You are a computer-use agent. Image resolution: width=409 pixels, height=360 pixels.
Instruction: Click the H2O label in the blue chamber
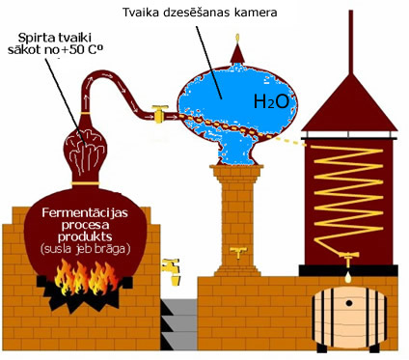271,102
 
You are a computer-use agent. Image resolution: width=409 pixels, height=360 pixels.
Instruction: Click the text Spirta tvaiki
55,38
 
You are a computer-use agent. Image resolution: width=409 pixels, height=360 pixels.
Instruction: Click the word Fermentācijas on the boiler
85,213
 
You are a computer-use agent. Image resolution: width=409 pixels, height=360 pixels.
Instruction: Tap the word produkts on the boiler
85,237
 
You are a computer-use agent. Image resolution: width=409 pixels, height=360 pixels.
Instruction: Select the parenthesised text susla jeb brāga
86,249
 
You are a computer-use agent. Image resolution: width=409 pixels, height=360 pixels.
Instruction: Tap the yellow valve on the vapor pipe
159,114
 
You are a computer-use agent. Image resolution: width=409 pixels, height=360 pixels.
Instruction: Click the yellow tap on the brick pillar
238,252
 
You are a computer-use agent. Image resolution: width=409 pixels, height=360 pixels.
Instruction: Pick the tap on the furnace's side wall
170,265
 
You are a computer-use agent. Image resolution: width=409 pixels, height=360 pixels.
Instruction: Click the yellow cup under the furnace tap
177,280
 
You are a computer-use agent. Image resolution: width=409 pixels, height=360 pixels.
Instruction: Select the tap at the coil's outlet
348,259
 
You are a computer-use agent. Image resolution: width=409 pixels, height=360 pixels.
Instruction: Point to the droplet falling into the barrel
348,278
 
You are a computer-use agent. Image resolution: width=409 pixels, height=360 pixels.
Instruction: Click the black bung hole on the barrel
349,303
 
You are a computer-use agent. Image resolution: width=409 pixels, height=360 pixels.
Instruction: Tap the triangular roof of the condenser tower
350,106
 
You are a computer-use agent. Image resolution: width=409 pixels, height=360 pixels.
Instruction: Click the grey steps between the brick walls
178,324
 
